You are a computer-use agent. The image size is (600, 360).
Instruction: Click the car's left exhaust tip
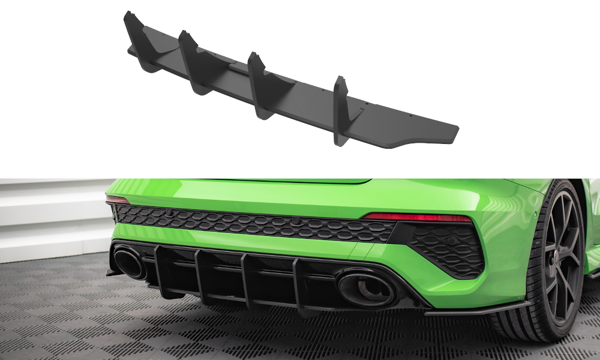click(130, 264)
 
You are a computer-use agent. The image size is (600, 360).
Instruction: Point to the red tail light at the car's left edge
click(118, 200)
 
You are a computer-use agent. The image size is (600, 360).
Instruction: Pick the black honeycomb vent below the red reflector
click(446, 248)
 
